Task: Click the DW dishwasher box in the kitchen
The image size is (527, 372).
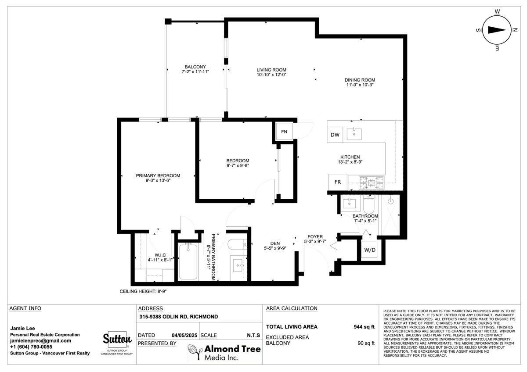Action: (335, 135)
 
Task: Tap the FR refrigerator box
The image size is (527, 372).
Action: (338, 182)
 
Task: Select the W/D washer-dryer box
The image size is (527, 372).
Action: (370, 250)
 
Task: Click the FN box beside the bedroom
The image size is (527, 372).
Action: (284, 132)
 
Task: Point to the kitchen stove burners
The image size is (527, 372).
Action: (372, 182)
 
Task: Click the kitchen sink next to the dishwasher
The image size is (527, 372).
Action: (354, 133)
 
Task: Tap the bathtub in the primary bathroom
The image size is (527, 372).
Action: (188, 261)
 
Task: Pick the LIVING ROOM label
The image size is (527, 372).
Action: (271, 70)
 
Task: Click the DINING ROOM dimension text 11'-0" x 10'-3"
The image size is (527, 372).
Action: (360, 85)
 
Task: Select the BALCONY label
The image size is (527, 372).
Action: (195, 67)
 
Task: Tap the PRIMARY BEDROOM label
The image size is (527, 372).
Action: (158, 175)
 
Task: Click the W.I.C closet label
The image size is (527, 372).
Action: (160, 255)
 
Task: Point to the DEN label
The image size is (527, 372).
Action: (275, 243)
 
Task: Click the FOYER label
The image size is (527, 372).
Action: (315, 236)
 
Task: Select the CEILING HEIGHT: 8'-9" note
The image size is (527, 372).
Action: (143, 291)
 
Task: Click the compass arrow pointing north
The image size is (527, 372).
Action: (497, 30)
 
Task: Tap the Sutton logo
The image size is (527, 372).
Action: (117, 339)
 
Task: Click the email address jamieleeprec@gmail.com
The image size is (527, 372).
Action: (40, 341)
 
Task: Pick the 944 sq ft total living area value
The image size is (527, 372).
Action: (364, 327)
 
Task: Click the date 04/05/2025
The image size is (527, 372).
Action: (184, 335)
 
